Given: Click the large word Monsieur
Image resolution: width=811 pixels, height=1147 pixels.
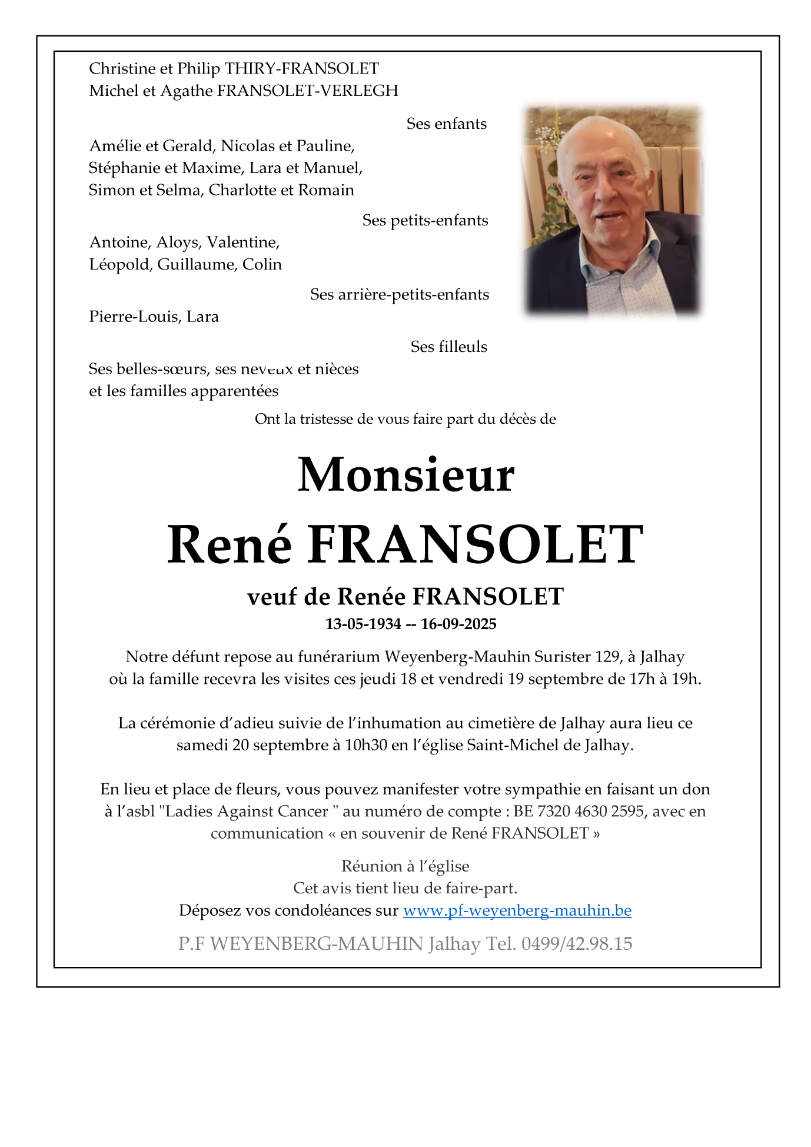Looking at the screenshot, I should (405, 475).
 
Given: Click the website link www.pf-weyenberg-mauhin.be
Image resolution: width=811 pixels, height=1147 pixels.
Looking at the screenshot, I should (517, 910).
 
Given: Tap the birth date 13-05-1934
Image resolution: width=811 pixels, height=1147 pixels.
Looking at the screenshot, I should (363, 624).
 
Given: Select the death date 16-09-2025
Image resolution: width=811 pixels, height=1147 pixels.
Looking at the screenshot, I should (458, 624).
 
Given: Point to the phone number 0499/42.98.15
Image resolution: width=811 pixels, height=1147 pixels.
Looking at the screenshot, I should (576, 944).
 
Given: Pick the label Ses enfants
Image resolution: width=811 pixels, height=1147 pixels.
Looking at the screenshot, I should (446, 124).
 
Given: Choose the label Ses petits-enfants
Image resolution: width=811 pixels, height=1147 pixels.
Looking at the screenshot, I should (425, 220).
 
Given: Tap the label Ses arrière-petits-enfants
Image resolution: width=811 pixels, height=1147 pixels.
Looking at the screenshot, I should (400, 294).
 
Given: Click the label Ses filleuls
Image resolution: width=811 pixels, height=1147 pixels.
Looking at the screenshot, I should (448, 347).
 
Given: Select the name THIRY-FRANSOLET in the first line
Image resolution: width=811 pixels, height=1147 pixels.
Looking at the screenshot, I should (301, 69).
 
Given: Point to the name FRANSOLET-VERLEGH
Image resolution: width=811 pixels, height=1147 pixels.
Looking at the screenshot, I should (307, 91).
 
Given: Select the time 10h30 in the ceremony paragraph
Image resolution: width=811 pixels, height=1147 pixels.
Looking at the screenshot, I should (365, 745).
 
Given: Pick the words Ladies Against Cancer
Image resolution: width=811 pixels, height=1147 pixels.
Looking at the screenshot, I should (247, 811).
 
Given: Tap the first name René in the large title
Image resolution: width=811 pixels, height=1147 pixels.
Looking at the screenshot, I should (230, 545).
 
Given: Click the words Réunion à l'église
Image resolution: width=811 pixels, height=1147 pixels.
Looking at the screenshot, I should (405, 866).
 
